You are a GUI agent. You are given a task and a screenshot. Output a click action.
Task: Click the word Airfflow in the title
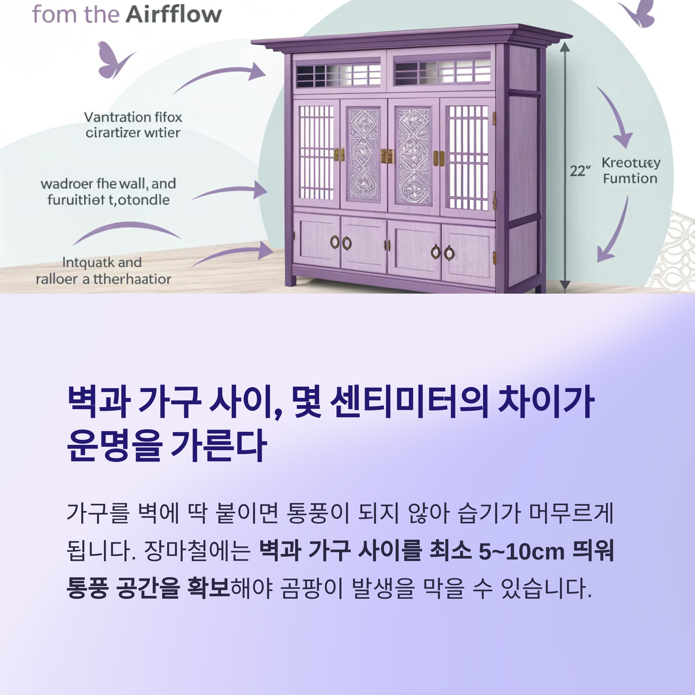[x=174, y=14]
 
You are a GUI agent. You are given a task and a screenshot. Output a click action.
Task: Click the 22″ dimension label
[x=580, y=171]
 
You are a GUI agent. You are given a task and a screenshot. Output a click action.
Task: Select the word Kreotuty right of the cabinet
[x=631, y=163]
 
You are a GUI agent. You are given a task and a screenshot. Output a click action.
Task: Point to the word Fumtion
[x=630, y=179]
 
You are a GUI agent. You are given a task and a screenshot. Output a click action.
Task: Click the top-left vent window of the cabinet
[x=338, y=75]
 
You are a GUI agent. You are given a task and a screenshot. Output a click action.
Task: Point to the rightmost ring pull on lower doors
[x=449, y=253]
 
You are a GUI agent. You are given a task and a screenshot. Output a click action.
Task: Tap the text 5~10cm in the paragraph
[x=521, y=551]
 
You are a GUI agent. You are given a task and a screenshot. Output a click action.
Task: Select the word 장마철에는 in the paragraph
[x=197, y=551]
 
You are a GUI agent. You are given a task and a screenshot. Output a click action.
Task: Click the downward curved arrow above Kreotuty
[x=616, y=115]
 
